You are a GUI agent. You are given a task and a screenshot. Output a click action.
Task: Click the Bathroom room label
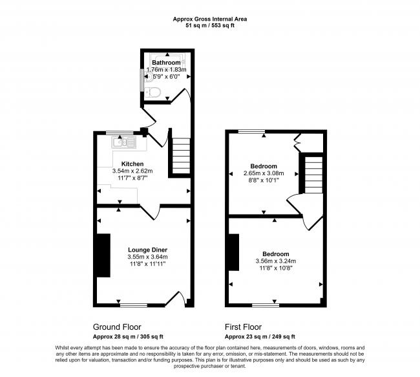click(166, 63)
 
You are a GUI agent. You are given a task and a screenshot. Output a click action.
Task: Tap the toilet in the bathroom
click(153, 92)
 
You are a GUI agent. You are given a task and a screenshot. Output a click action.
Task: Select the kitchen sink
click(124, 142)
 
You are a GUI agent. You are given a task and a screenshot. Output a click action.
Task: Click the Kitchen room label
click(132, 164)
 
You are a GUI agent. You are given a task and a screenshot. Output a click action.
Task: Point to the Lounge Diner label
click(147, 250)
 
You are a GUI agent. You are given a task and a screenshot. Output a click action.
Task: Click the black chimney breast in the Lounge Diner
click(103, 255)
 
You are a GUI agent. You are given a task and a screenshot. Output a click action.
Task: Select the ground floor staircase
click(181, 156)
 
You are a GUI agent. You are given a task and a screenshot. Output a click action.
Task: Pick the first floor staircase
click(313, 175)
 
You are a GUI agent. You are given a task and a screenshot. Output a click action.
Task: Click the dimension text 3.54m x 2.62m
click(132, 171)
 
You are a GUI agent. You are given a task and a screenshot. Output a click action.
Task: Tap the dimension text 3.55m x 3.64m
click(147, 257)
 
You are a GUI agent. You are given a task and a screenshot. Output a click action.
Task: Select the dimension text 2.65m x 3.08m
click(264, 173)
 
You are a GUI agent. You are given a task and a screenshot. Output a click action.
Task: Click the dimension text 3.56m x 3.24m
click(276, 261)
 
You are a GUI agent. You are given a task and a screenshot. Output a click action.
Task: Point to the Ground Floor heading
click(117, 327)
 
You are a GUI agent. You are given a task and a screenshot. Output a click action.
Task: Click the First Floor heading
click(243, 327)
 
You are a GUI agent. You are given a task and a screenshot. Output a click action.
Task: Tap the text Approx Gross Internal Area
click(210, 19)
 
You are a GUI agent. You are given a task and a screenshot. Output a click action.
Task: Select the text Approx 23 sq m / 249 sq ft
click(260, 336)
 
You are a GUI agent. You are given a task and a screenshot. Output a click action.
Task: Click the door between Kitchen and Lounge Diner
click(150, 211)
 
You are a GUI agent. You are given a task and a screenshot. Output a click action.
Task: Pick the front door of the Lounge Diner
click(175, 299)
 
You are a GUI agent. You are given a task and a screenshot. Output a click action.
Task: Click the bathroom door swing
click(180, 96)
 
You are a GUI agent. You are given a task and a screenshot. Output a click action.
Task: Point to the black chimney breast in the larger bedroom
click(234, 252)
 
